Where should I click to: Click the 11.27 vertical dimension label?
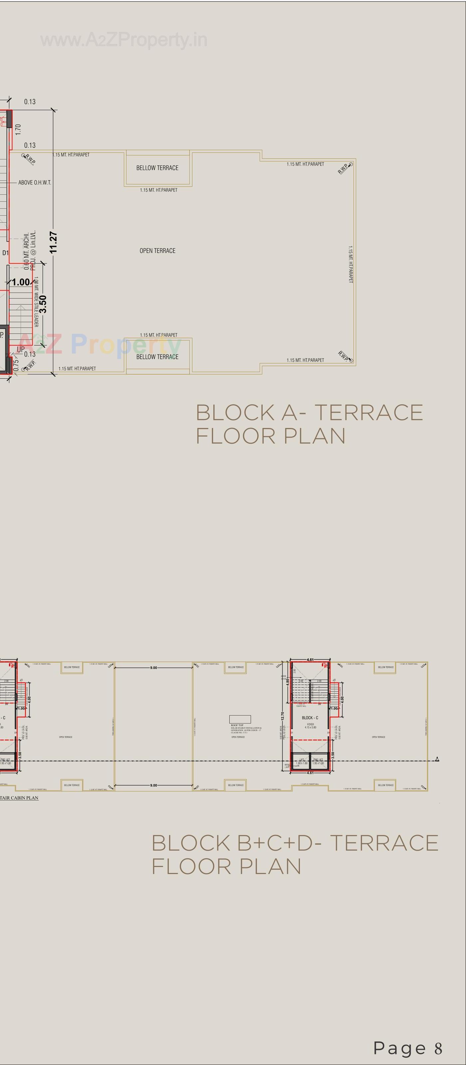tap(53, 243)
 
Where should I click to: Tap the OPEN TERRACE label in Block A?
tap(157, 251)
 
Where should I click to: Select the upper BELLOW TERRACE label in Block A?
tap(157, 168)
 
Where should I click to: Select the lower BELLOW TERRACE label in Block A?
tap(157, 357)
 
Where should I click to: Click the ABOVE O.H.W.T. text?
tap(35, 182)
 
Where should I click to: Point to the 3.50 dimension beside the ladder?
tap(43, 304)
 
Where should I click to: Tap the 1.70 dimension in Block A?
tap(18, 129)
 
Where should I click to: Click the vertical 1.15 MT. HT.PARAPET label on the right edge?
tap(350, 265)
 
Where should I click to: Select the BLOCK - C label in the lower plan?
tap(310, 718)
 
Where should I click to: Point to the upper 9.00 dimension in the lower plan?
tap(153, 668)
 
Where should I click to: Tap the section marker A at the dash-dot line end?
tap(437, 759)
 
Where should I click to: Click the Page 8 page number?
tap(408, 1048)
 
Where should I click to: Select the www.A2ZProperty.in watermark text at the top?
tap(124, 40)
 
